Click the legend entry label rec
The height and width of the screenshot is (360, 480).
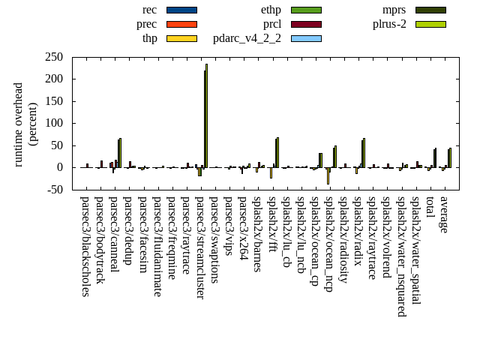(x=149, y=10)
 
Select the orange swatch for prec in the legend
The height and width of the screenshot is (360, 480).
(x=181, y=24)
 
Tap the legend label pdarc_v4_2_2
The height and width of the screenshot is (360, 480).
(x=247, y=38)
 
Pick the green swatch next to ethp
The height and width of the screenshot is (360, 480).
(x=306, y=10)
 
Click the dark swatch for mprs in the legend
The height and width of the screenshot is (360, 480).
(x=430, y=10)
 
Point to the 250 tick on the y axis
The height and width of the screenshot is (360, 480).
(x=54, y=57)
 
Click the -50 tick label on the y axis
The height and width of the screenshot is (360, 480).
(x=54, y=190)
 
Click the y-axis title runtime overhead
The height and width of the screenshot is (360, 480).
(x=19, y=124)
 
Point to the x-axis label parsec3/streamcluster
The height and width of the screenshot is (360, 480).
(x=200, y=247)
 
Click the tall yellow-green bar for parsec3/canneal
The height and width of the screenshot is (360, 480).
(x=120, y=153)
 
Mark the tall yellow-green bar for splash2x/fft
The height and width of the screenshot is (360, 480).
(x=277, y=152)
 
